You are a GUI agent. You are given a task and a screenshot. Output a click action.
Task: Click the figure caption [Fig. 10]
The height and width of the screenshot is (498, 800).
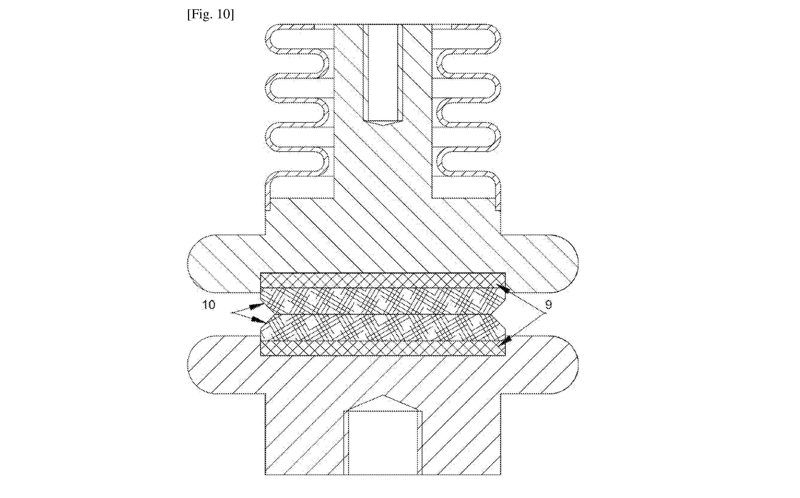(210, 14)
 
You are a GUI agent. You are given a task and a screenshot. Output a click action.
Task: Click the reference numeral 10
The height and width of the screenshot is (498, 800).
(208, 305)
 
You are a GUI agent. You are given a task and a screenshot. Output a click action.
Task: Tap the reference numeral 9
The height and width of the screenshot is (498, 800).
(548, 305)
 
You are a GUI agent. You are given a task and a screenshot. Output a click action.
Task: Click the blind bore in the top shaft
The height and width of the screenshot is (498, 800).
(383, 73)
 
